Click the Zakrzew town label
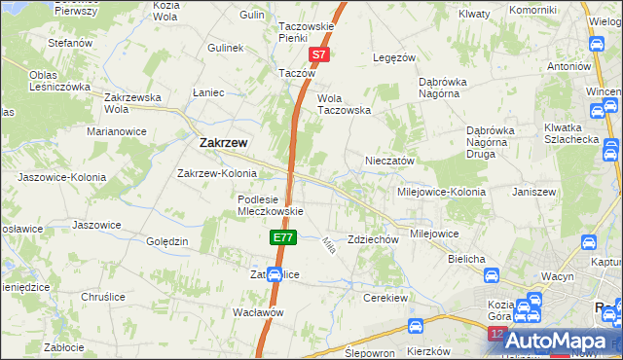pyautogui.click(x=222, y=142)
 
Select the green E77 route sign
pyautogui.click(x=281, y=236)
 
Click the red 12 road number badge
pyautogui.click(x=498, y=334)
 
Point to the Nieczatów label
pyautogui.click(x=390, y=161)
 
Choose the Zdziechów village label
pyautogui.click(x=374, y=239)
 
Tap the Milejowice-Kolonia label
pyautogui.click(x=439, y=192)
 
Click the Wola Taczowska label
pyautogui.click(x=345, y=111)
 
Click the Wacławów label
pyautogui.click(x=258, y=312)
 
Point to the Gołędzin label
pyautogui.click(x=166, y=241)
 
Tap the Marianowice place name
pyautogui.click(x=116, y=130)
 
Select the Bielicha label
pyautogui.click(x=467, y=259)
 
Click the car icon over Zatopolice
pyautogui.click(x=275, y=275)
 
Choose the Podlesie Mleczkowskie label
pyautogui.click(x=272, y=205)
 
